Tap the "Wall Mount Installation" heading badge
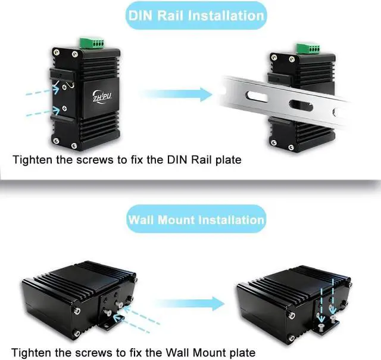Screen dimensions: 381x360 [196, 219]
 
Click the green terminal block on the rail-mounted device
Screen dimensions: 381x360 [305, 47]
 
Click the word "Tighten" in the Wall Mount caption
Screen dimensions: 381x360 [30, 352]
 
